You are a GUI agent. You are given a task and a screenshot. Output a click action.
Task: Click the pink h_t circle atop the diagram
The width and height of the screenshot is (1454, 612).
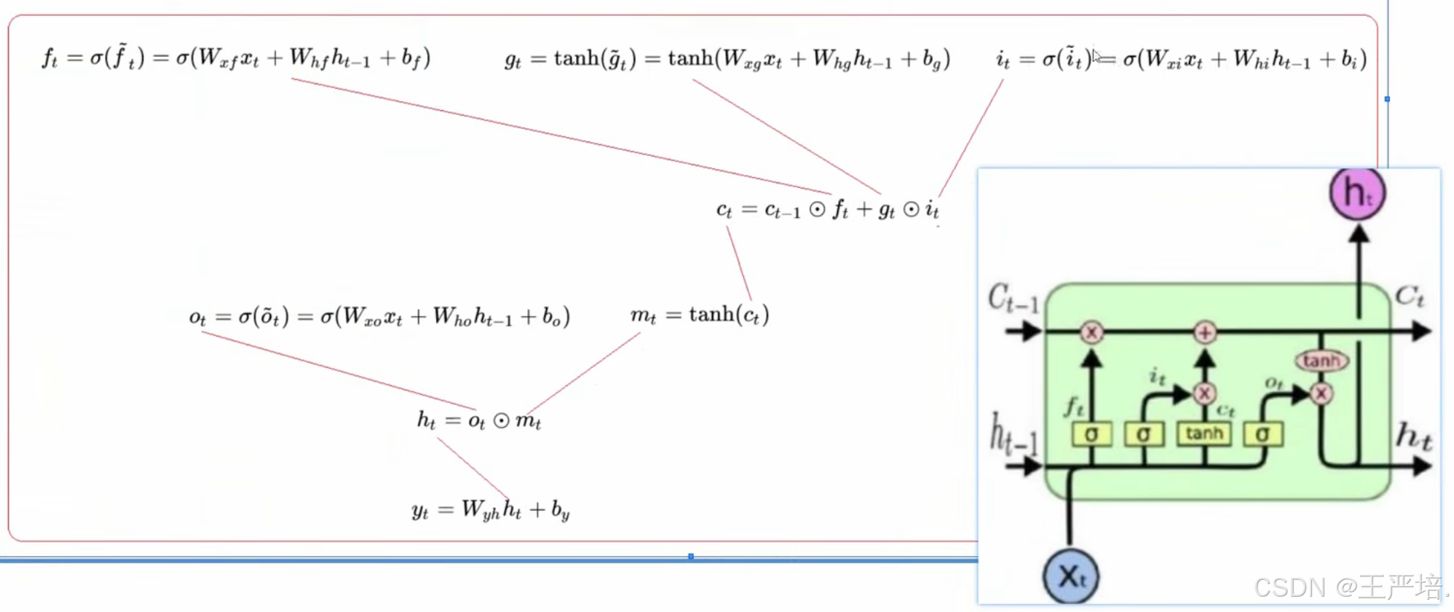point(1357,193)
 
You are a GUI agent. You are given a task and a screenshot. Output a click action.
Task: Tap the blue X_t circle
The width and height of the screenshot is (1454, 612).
point(1070,577)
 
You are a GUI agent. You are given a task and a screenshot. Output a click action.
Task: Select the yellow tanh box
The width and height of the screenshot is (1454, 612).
point(1204,433)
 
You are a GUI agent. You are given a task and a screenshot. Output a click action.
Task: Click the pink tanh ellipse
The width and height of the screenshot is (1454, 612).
point(1321,361)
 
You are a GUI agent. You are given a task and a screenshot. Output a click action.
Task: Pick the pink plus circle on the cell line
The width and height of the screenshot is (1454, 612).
point(1204,333)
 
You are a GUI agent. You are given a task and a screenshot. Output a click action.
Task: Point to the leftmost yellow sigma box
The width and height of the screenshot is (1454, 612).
point(1091,435)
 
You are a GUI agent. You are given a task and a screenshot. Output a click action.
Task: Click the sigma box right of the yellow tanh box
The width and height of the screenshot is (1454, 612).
point(1263,435)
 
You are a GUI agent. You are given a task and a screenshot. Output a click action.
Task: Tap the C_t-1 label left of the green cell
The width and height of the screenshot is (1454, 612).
point(1013,298)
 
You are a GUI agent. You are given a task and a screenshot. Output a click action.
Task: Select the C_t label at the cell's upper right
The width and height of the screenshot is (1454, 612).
point(1410,296)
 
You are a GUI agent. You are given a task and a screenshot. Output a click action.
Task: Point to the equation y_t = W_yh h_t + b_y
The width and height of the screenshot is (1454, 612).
point(490,509)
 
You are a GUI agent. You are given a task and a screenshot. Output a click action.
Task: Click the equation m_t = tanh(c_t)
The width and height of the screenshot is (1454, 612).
point(700,315)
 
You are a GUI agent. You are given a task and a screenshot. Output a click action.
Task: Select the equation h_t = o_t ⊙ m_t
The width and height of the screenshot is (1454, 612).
point(479,420)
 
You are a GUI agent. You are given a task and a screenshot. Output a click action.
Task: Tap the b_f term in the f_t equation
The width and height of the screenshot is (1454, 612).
point(411,58)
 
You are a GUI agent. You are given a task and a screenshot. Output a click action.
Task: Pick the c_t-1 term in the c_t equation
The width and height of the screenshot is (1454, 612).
point(782,211)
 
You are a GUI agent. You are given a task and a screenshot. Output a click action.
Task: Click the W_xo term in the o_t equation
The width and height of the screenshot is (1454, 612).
point(362,317)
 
